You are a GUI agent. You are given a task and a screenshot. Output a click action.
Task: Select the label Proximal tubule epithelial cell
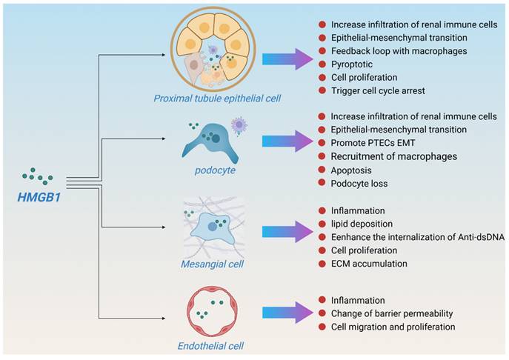212,99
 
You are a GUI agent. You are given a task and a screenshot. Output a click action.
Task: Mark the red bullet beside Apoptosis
322,169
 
